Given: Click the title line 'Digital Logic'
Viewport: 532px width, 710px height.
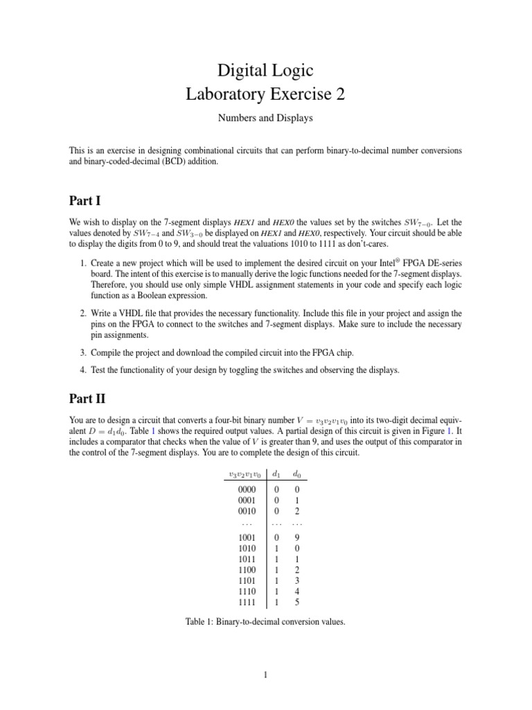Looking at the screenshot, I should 265,70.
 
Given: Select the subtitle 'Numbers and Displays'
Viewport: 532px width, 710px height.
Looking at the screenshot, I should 265,118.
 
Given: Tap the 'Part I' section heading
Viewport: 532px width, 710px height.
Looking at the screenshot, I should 85,201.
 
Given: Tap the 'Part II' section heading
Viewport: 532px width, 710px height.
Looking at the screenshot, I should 88,400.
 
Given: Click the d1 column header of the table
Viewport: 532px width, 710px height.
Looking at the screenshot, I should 276,474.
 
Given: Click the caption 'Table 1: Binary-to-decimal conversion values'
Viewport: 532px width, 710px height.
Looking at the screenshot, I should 265,622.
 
